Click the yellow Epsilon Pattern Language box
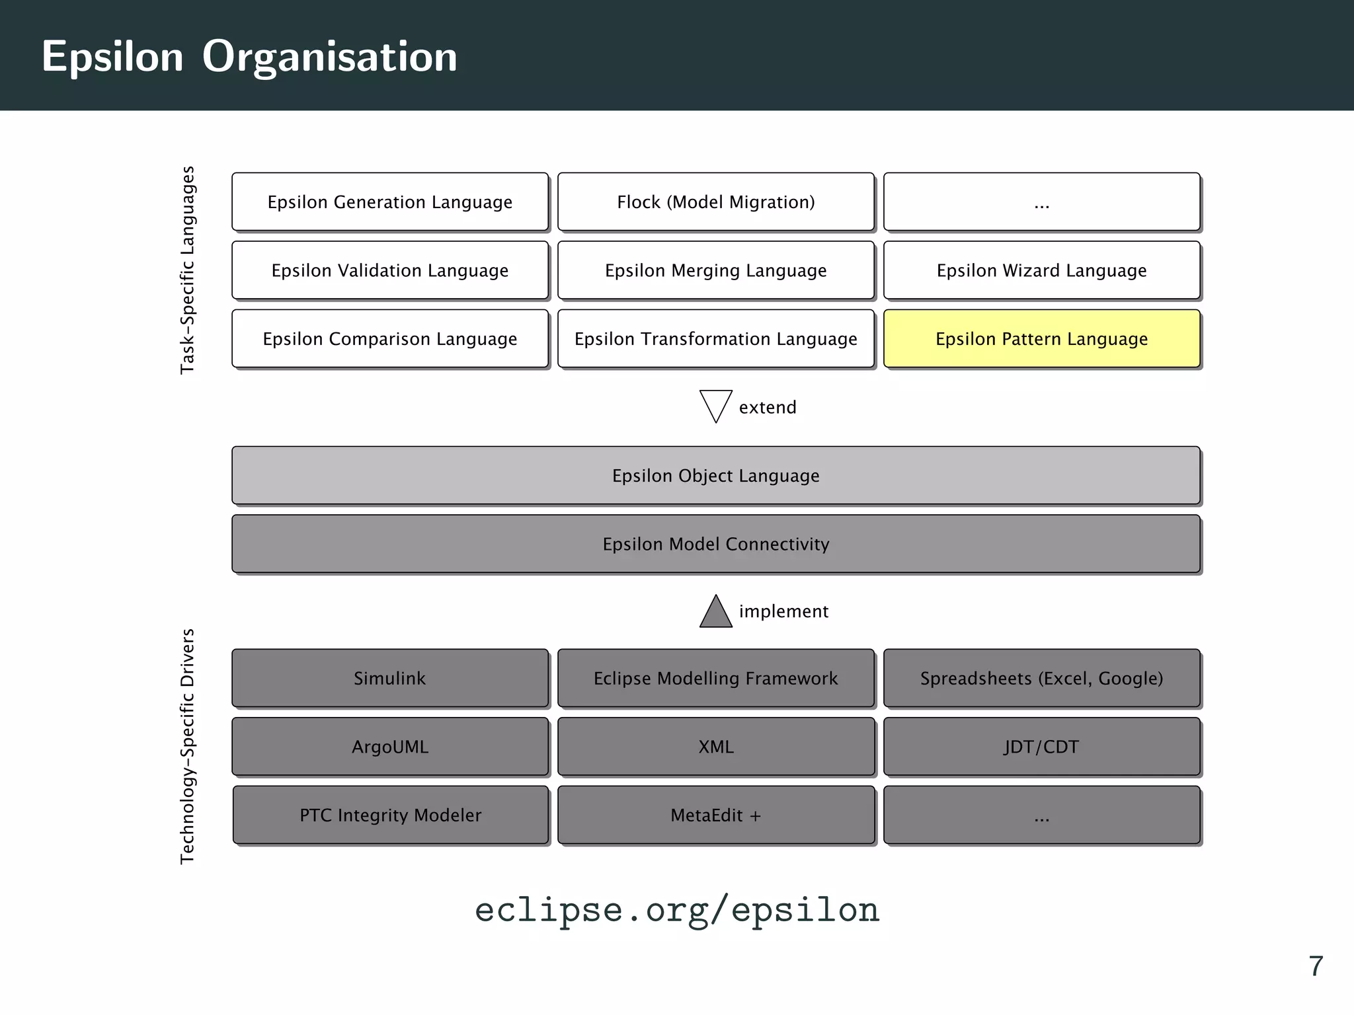pyautogui.click(x=1041, y=338)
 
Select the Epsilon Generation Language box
pyautogui.click(x=390, y=202)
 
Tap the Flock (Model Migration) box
pyautogui.click(x=715, y=202)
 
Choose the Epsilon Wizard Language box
pyautogui.click(x=1041, y=270)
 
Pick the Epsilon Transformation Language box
pyautogui.click(x=715, y=338)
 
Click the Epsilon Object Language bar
pyautogui.click(x=715, y=475)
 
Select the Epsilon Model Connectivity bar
pyautogui.click(x=715, y=544)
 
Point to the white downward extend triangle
pyautogui.click(x=715, y=404)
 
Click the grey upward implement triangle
pyautogui.click(x=715, y=614)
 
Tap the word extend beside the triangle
pyautogui.click(x=768, y=407)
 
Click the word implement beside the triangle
pyautogui.click(x=783, y=611)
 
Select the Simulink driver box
pyautogui.click(x=390, y=678)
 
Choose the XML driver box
pyautogui.click(x=715, y=747)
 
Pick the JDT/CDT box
pyautogui.click(x=1041, y=747)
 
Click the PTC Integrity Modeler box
pyautogui.click(x=390, y=815)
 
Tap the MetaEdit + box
pyautogui.click(x=715, y=815)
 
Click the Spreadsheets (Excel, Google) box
pyautogui.click(x=1041, y=678)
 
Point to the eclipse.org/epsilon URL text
pyautogui.click(x=677, y=909)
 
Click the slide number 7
pyautogui.click(x=1316, y=966)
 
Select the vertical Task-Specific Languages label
pyautogui.click(x=188, y=270)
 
